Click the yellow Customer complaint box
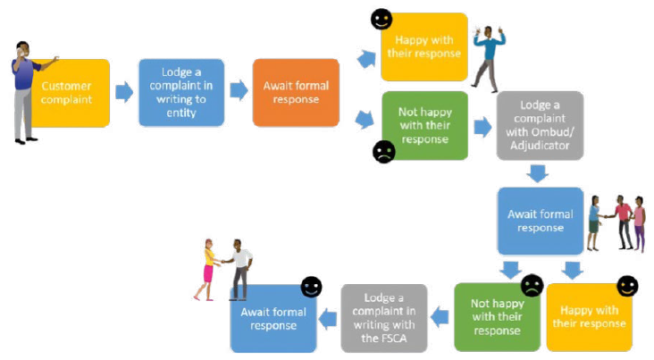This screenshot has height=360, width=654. pos(71,93)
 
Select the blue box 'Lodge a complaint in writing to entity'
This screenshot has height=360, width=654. pos(175,93)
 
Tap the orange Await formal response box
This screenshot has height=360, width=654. pos(296,93)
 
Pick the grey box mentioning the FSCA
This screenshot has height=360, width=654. pos(384,317)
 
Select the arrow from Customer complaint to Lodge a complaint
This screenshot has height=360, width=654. pos(124,90)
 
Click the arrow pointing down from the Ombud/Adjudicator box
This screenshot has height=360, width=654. pos(537,173)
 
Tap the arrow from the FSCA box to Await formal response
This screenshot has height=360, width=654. pos(330,313)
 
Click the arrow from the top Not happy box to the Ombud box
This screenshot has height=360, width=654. pos(482,126)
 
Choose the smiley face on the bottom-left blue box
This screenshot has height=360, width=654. pos(310,288)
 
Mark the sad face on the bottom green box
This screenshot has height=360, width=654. pos(532,286)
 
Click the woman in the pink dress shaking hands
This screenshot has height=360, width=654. pos(208,268)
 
